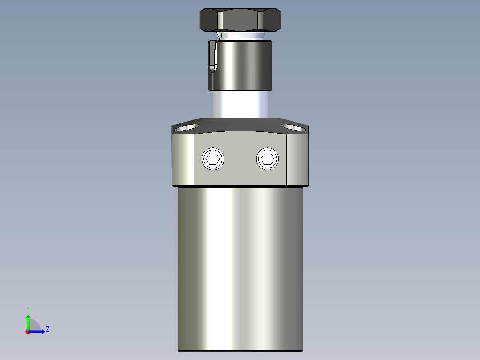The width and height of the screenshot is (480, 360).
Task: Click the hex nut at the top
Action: click(240, 20)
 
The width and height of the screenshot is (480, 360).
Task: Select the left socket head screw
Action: click(213, 159)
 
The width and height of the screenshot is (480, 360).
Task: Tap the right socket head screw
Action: click(268, 159)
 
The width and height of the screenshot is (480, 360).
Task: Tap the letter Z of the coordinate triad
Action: click(47, 329)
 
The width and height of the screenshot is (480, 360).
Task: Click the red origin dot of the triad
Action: click(28, 332)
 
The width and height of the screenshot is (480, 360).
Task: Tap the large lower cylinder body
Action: click(240, 267)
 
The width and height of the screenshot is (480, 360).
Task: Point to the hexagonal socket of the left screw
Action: click(213, 159)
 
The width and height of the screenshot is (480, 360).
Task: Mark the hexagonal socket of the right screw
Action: click(268, 159)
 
